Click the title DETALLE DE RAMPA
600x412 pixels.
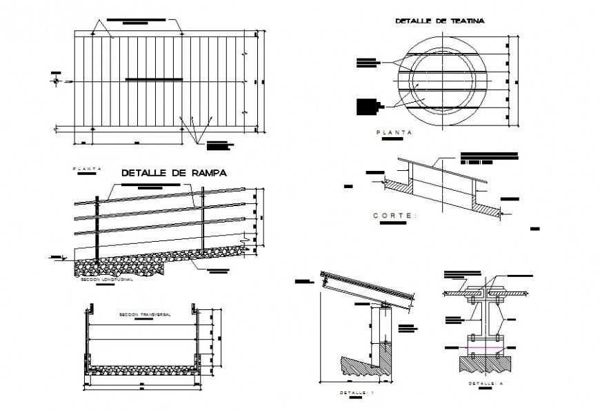point(174,173)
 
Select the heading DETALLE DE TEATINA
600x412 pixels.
point(440,21)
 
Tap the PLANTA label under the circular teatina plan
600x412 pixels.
point(393,131)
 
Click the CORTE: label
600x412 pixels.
point(395,216)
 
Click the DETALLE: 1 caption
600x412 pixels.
point(357,393)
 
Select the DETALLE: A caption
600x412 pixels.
point(483,382)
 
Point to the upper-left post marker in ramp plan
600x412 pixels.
point(93,32)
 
